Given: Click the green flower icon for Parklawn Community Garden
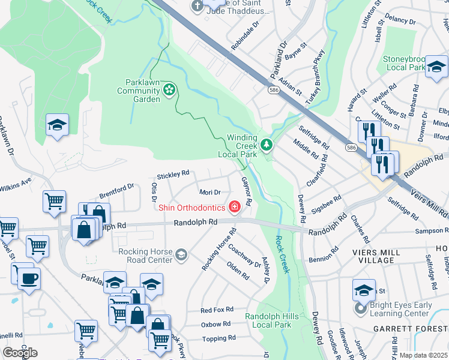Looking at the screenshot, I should coord(169,91).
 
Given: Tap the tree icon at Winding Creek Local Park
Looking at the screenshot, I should coord(266,145).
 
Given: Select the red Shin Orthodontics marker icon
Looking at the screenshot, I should coord(235,208).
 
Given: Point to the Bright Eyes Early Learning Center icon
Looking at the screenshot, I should coord(360,309).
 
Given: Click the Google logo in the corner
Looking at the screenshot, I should coord(20,352).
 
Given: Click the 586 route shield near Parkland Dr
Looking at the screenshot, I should coord(273,89).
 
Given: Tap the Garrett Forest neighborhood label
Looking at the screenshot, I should coord(410,329).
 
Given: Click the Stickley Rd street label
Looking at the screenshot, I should coord(173,175).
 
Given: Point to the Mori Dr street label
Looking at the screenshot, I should coord(209,192).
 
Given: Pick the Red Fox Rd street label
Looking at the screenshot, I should coord(215,310).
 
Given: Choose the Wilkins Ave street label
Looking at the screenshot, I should coord(14,182).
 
